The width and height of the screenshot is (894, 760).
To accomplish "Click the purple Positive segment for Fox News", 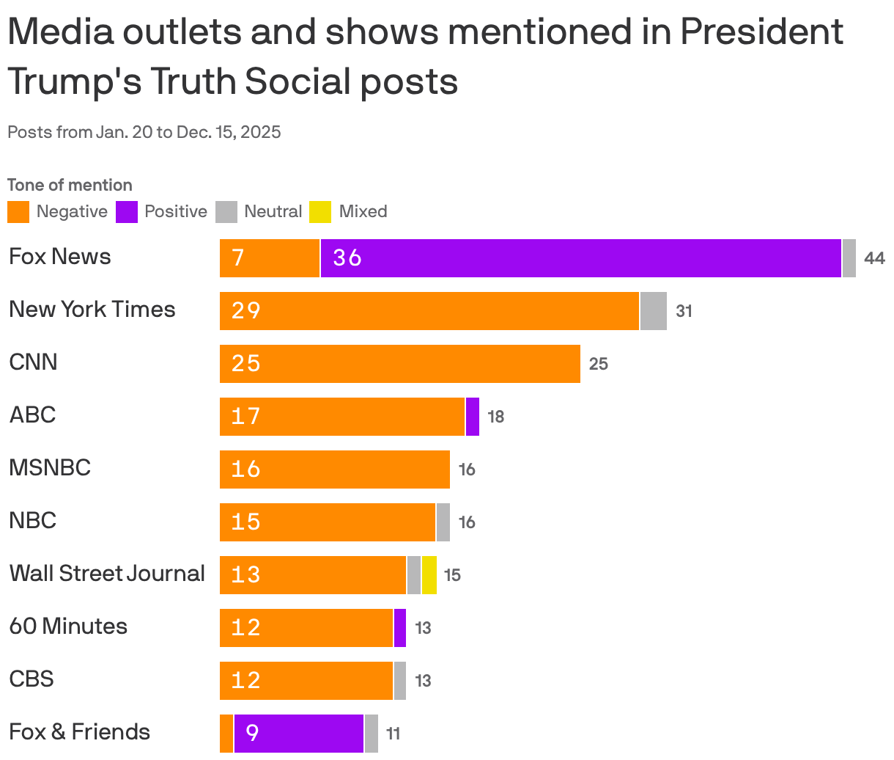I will (580, 258).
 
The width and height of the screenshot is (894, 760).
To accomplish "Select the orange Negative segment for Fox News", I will (270, 258).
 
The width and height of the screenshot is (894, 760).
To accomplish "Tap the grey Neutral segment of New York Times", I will (653, 311).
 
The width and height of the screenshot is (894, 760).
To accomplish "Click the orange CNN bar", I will (400, 364).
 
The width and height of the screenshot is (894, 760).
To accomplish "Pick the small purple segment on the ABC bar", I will (473, 417).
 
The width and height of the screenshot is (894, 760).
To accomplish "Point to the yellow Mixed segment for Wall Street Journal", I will (429, 575).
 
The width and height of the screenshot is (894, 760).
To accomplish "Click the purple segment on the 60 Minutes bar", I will (400, 628).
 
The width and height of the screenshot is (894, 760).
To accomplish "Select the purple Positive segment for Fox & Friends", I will (299, 734).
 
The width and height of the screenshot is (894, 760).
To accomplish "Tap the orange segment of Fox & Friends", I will (226, 734).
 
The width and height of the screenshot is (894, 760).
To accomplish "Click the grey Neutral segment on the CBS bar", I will (400, 681).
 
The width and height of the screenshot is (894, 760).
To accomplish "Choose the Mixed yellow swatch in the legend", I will (321, 212).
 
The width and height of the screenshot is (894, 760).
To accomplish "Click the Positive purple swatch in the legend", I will (127, 212).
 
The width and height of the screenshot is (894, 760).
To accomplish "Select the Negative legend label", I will (72, 212).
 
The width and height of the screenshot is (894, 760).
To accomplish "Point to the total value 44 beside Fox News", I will (874, 258).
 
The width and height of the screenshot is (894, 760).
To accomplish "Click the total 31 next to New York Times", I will (684, 311).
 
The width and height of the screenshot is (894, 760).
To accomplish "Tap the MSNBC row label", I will (50, 468).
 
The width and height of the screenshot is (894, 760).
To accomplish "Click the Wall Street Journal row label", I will (107, 574).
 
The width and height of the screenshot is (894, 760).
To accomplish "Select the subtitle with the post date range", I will (144, 132).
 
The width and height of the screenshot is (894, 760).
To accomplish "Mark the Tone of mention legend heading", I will (70, 185).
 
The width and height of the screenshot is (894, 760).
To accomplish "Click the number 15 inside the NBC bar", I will (245, 522).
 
